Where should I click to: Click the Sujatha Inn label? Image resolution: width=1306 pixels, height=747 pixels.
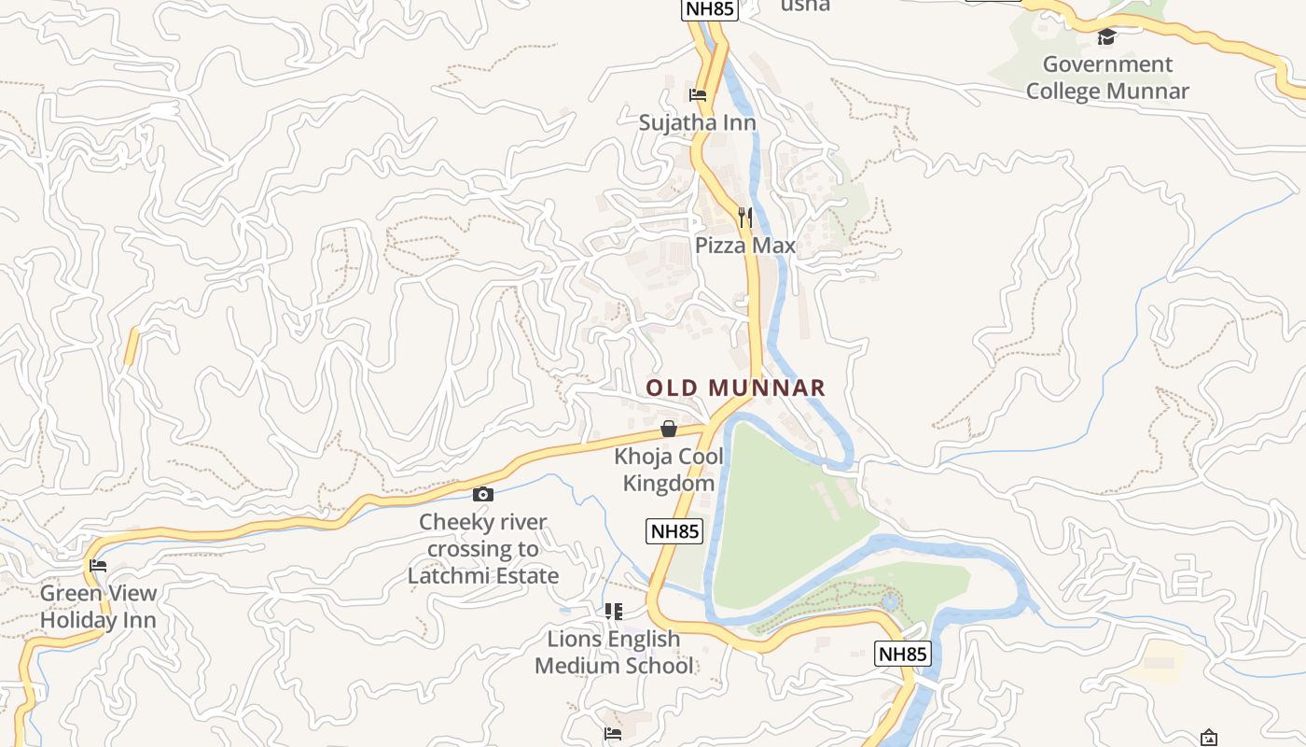pyautogui.click(x=697, y=122)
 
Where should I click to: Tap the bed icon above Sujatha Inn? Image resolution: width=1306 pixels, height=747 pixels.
pyautogui.click(x=698, y=94)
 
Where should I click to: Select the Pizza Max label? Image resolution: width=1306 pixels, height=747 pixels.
pyautogui.click(x=745, y=246)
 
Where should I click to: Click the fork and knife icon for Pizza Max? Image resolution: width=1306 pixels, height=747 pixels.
pyautogui.click(x=744, y=218)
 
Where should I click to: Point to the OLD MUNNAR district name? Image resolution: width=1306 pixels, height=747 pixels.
pyautogui.click(x=736, y=388)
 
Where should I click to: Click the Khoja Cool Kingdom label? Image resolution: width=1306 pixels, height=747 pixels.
pyautogui.click(x=669, y=470)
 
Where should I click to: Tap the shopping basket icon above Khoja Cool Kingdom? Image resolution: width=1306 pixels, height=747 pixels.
pyautogui.click(x=669, y=430)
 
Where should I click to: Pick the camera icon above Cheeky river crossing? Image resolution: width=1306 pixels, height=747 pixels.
pyautogui.click(x=483, y=494)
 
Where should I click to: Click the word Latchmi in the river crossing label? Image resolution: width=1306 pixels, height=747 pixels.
pyautogui.click(x=446, y=575)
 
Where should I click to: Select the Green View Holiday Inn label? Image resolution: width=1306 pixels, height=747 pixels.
pyautogui.click(x=98, y=606)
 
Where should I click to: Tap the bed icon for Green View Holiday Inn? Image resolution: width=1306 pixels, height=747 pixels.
pyautogui.click(x=98, y=566)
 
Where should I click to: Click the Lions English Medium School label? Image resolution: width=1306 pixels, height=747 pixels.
pyautogui.click(x=614, y=652)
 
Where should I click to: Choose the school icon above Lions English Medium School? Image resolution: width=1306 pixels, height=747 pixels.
pyautogui.click(x=614, y=612)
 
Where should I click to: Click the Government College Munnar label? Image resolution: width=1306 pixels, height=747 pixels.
pyautogui.click(x=1107, y=78)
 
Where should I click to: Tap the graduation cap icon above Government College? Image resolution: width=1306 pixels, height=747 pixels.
pyautogui.click(x=1107, y=37)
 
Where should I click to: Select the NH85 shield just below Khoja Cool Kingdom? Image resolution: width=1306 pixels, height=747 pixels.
pyautogui.click(x=674, y=531)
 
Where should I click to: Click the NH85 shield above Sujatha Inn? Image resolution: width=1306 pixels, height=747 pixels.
pyautogui.click(x=710, y=9)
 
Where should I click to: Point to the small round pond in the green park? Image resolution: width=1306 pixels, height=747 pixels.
pyautogui.click(x=890, y=601)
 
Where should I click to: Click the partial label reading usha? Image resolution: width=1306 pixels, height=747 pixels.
pyautogui.click(x=805, y=6)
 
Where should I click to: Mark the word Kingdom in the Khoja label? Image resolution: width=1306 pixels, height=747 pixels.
pyautogui.click(x=669, y=484)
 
